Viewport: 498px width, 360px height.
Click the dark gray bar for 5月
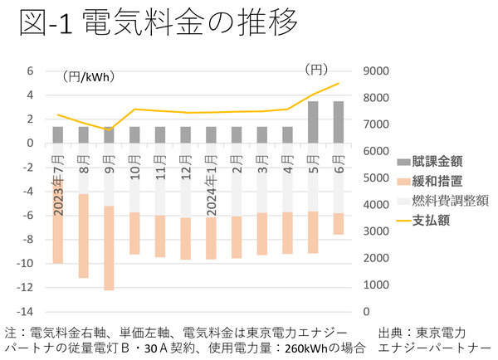click(x=313, y=122)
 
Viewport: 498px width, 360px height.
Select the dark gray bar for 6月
click(x=339, y=122)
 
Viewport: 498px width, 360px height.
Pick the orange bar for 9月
click(x=109, y=248)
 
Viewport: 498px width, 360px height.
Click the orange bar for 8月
click(x=83, y=236)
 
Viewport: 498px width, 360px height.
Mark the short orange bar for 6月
click(x=339, y=224)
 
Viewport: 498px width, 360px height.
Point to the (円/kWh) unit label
click(x=89, y=77)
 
